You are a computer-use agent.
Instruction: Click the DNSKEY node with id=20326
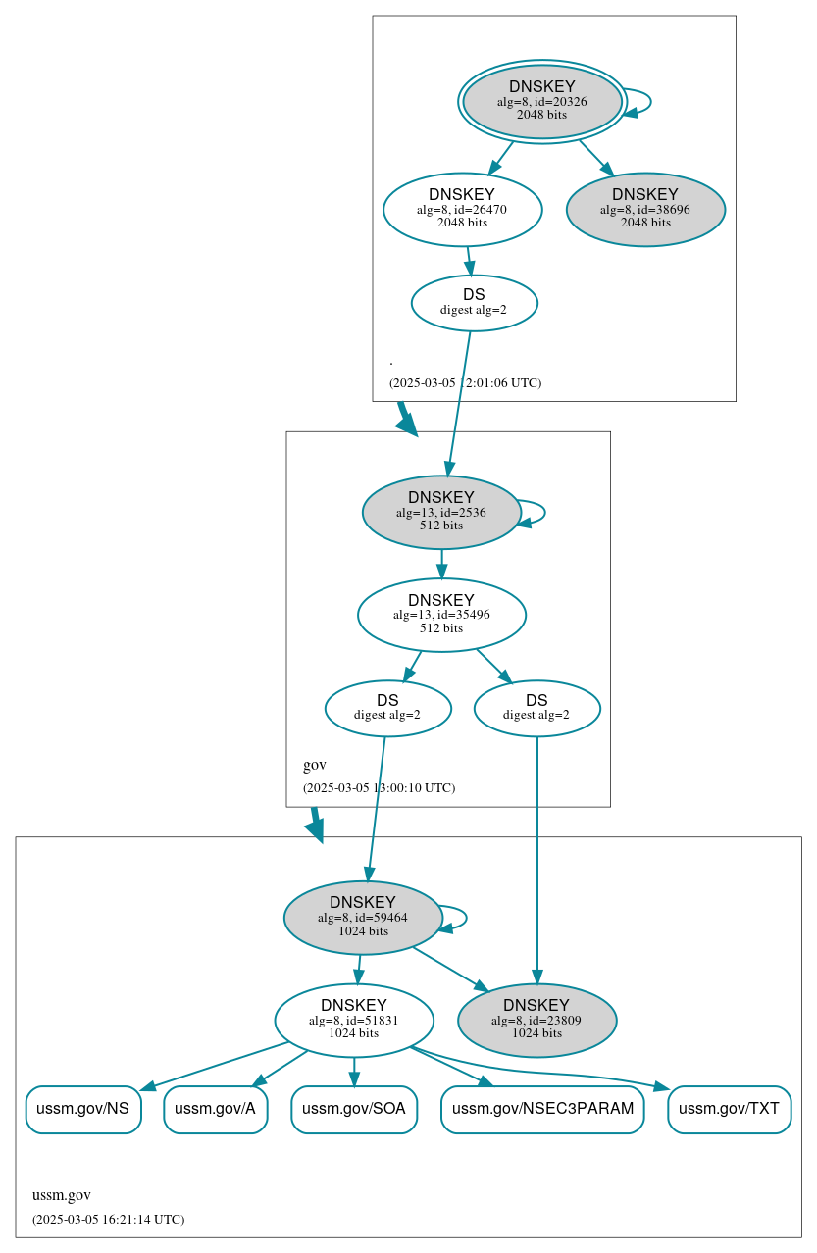(541, 101)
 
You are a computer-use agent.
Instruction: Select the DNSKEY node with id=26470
(462, 209)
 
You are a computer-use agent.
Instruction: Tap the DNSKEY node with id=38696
(645, 209)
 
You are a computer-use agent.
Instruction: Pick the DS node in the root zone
(474, 302)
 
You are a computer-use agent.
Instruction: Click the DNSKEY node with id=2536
(440, 512)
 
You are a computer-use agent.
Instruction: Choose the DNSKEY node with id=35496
(441, 615)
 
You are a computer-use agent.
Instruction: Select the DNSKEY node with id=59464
(362, 918)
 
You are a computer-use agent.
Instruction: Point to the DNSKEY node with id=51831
(354, 1021)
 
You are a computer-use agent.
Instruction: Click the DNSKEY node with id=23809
(536, 1021)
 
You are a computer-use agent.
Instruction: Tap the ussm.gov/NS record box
(83, 1109)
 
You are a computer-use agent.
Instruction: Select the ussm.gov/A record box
(216, 1109)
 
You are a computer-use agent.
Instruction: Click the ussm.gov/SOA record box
(354, 1109)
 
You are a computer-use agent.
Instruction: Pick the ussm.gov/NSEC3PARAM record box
(542, 1109)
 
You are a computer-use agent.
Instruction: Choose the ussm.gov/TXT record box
(729, 1109)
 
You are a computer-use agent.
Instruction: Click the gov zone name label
(315, 765)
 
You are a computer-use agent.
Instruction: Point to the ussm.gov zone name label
(62, 1195)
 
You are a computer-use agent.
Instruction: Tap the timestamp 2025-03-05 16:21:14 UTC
(108, 1220)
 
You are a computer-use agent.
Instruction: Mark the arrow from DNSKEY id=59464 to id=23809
(450, 969)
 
